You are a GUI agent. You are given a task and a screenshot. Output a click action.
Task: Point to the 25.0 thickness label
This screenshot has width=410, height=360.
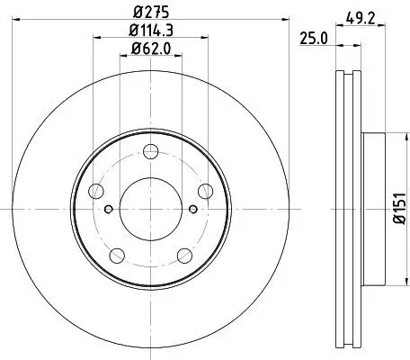[312, 38]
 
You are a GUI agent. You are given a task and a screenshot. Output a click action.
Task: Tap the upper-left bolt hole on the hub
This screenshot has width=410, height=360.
[95, 189]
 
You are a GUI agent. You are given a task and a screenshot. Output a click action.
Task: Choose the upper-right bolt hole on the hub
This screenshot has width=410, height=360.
[205, 189]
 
